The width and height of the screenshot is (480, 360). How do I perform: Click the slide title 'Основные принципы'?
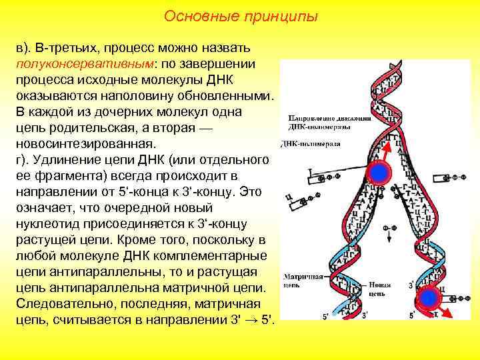(241, 15)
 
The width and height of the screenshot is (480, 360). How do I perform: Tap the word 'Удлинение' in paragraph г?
(66, 159)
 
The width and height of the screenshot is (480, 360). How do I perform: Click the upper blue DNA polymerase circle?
(379, 173)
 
